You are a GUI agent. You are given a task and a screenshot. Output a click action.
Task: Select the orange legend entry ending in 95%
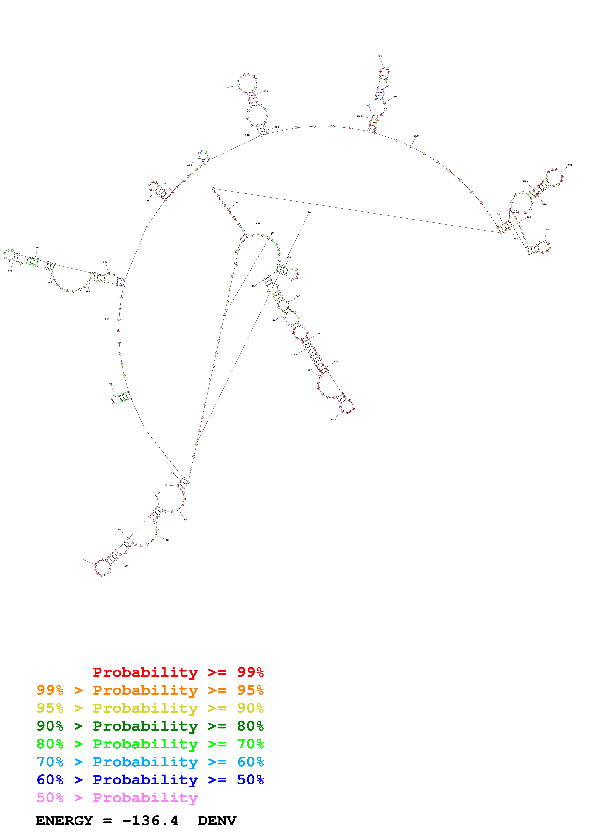[x=150, y=690]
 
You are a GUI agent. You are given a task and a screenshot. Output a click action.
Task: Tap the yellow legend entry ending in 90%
[x=150, y=708]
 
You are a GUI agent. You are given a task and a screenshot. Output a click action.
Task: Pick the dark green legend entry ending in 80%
[x=150, y=726]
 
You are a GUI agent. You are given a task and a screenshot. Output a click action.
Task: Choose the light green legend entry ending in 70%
[x=150, y=744]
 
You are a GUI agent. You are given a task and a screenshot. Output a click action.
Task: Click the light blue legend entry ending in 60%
[x=150, y=762]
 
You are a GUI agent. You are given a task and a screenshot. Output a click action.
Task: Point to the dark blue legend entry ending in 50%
[x=150, y=780]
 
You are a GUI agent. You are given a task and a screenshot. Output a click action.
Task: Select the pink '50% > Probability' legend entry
[x=117, y=797]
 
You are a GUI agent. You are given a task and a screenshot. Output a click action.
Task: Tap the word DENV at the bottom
[x=217, y=821]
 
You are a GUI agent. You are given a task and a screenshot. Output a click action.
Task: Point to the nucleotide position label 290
[x=569, y=165]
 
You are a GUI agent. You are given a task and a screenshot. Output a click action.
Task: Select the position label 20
[x=309, y=212]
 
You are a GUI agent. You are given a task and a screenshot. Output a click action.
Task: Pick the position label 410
[x=333, y=419]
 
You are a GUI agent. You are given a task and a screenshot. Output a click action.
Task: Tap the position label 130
[x=10, y=271]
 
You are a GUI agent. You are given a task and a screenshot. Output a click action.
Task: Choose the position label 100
[x=107, y=319]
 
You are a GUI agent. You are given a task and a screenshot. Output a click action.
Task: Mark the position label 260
[x=416, y=136]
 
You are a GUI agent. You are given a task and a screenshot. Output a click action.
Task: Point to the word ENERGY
[x=64, y=821]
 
